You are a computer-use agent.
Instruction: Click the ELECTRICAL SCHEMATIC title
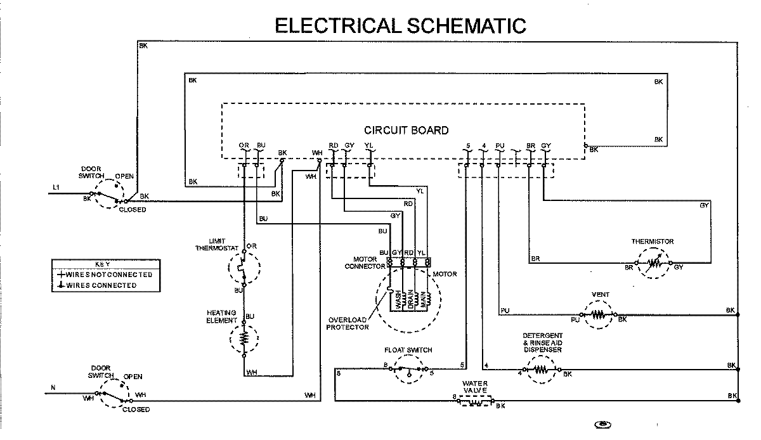click(x=400, y=25)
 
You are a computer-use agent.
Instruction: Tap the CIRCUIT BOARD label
click(x=406, y=131)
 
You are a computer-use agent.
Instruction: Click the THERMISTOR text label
click(x=652, y=242)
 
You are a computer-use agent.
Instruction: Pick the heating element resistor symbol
click(x=244, y=339)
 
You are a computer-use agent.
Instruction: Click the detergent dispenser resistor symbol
click(x=540, y=370)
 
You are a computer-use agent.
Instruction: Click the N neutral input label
click(x=53, y=387)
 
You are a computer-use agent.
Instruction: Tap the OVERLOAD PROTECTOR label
click(x=348, y=323)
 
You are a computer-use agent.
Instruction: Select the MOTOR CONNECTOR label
click(x=365, y=262)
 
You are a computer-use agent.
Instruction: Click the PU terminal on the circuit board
click(x=500, y=146)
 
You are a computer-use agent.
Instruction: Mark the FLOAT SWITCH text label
click(x=408, y=350)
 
